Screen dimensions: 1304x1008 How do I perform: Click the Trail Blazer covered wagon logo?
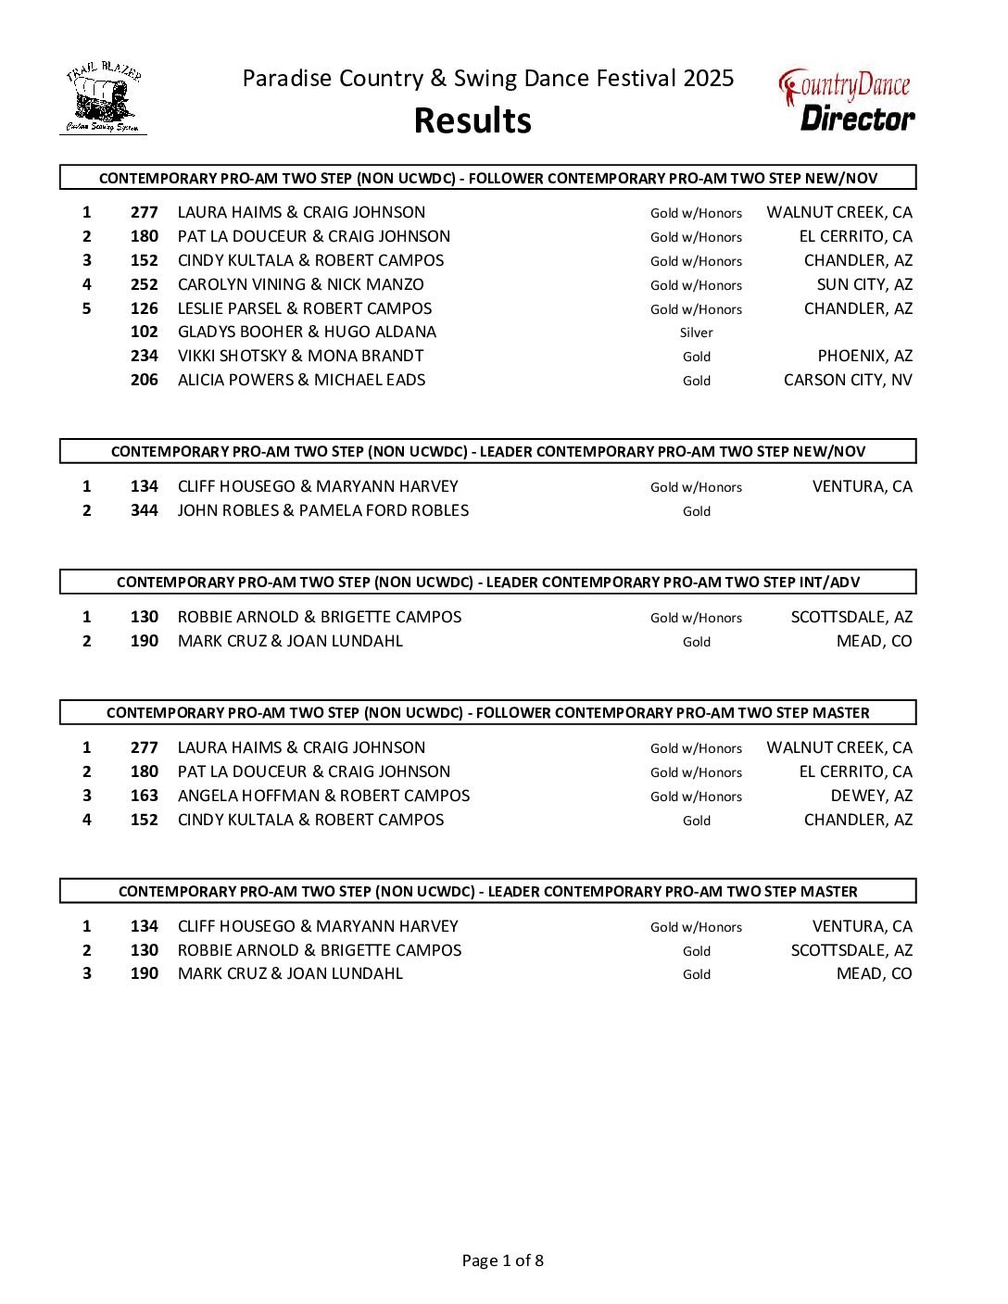coord(103,98)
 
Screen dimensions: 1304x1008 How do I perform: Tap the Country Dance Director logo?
coord(847,100)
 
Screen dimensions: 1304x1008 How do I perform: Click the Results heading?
coord(472,120)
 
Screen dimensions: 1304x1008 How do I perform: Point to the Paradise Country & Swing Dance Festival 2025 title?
coord(488,79)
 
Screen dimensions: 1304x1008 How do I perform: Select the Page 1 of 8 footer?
coord(503,1260)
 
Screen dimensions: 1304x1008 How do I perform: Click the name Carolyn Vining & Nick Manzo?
coord(300,285)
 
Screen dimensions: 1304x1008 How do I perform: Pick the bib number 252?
coord(144,285)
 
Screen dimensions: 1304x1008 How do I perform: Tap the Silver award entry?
coord(696,332)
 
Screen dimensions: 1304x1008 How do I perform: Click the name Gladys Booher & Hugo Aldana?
coord(307,332)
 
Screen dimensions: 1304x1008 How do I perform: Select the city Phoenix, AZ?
coord(864,357)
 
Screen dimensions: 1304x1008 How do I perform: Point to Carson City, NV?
coord(848,381)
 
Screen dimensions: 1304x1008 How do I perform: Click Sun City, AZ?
coord(864,285)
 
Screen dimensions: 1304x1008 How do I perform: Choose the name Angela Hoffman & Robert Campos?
coord(323,796)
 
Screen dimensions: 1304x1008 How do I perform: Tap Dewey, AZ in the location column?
coord(871,796)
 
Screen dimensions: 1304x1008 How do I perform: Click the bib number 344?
coord(144,511)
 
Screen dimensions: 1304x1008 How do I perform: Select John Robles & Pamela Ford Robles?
coord(323,511)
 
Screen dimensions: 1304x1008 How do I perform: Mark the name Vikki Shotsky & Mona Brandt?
coord(300,357)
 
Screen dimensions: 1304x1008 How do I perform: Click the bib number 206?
coord(144,381)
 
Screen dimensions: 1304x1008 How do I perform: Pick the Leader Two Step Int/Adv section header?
coord(488,583)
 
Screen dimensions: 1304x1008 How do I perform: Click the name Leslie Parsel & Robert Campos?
coord(305,309)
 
